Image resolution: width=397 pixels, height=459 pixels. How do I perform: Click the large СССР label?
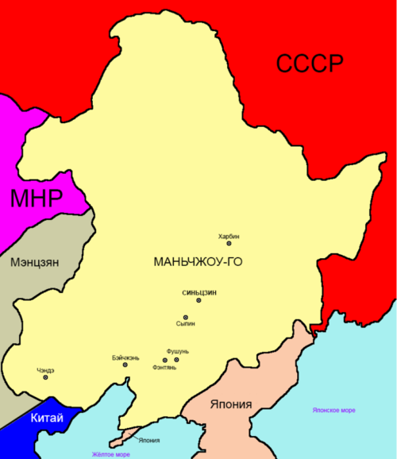pos(311,63)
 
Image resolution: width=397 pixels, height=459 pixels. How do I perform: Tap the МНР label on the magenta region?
pos(36,199)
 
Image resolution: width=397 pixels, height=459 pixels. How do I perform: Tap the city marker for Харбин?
pos(229,245)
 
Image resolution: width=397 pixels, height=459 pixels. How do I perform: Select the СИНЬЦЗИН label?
pos(199,291)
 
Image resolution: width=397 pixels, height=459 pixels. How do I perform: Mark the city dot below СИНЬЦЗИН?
pos(198,300)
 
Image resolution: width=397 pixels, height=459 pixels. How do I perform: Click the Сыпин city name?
pos(185,325)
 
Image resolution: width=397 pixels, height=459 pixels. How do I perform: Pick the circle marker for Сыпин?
pos(185,317)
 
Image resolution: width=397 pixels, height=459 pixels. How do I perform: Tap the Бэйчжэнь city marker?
pos(125,364)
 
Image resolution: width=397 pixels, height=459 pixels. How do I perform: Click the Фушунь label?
pos(178,351)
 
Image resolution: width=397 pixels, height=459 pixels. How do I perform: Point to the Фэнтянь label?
pos(164,368)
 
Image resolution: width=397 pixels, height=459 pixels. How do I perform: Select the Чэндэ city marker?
pos(45,377)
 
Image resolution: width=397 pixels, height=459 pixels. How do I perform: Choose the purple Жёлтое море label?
pos(115,453)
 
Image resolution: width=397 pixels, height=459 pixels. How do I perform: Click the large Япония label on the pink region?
pos(231,404)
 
